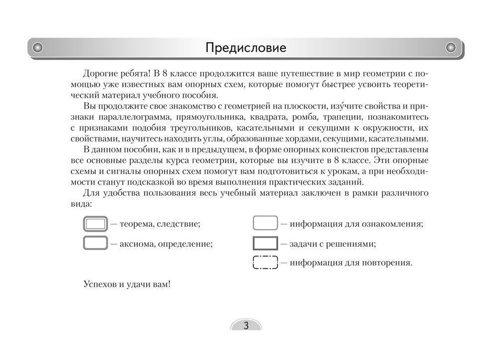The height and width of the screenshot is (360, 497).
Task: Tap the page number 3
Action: tap(246, 326)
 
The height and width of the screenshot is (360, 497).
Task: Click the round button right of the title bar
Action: tap(451, 48)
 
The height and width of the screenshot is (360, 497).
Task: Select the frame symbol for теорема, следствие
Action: tap(95, 224)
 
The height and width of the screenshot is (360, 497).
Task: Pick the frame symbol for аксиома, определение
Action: tap(95, 244)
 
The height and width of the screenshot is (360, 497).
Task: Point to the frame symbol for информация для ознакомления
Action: tap(265, 224)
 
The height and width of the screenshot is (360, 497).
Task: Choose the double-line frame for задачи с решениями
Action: tap(265, 244)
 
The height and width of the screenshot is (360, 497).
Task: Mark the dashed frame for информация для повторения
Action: tap(265, 262)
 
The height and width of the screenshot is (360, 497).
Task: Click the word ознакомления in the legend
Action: tap(393, 224)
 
